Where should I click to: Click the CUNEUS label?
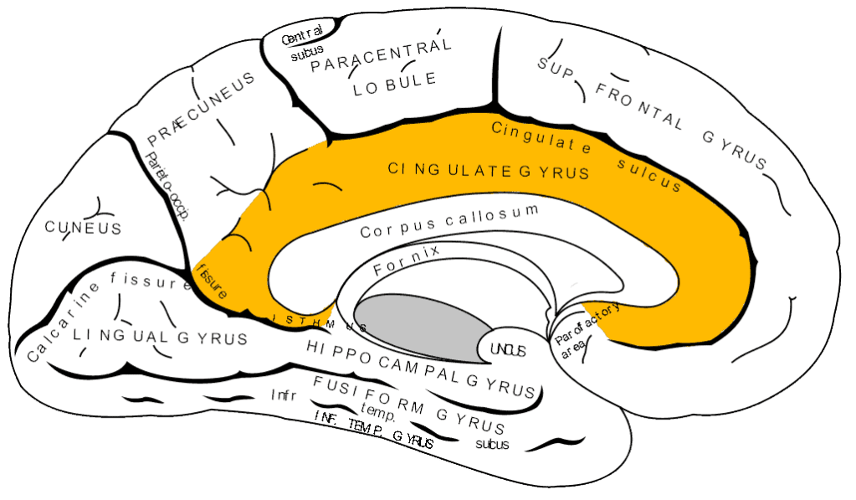pyautogui.click(x=83, y=228)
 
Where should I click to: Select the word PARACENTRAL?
pyautogui.click(x=382, y=55)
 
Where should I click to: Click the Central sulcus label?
pyautogui.click(x=302, y=45)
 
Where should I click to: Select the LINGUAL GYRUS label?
pyautogui.click(x=160, y=337)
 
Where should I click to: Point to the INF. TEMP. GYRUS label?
pyautogui.click(x=374, y=436)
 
